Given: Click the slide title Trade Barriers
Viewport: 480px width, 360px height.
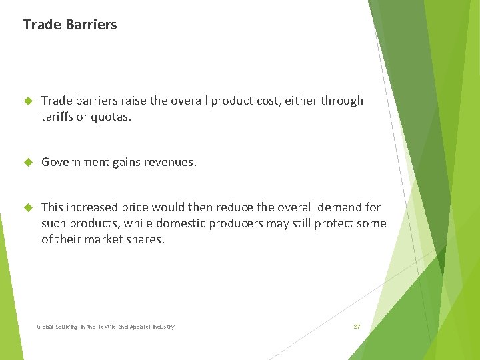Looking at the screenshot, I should [x=69, y=25].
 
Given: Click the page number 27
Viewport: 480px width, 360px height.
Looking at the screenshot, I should [x=357, y=327].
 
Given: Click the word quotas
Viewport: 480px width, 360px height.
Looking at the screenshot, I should [x=112, y=117].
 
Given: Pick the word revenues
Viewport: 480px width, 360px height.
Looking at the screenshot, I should [x=171, y=162].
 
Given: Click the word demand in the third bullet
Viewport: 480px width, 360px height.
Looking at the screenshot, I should [x=337, y=207].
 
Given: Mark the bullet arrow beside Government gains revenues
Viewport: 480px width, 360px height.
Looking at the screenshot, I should [x=28, y=162].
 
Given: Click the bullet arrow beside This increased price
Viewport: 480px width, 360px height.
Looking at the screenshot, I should [x=28, y=207].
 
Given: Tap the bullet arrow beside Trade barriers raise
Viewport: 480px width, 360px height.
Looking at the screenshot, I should [x=28, y=101].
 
